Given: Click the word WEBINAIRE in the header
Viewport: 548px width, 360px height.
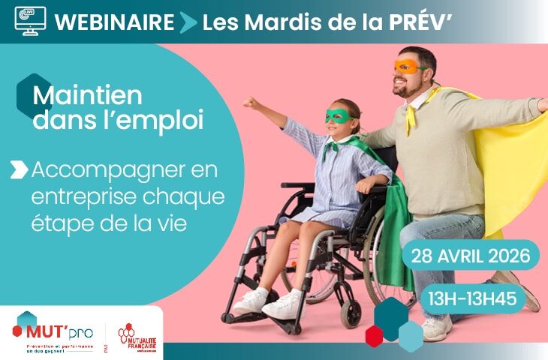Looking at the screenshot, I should (x=114, y=22).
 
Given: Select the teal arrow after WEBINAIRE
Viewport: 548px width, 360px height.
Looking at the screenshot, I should (x=188, y=22).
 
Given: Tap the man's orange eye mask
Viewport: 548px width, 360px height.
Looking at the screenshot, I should (x=408, y=67).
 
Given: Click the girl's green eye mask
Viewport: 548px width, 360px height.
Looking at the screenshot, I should (x=339, y=116).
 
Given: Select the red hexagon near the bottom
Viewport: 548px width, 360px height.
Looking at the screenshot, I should (x=374, y=335).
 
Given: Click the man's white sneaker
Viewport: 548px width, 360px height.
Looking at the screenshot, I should (x=436, y=328).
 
